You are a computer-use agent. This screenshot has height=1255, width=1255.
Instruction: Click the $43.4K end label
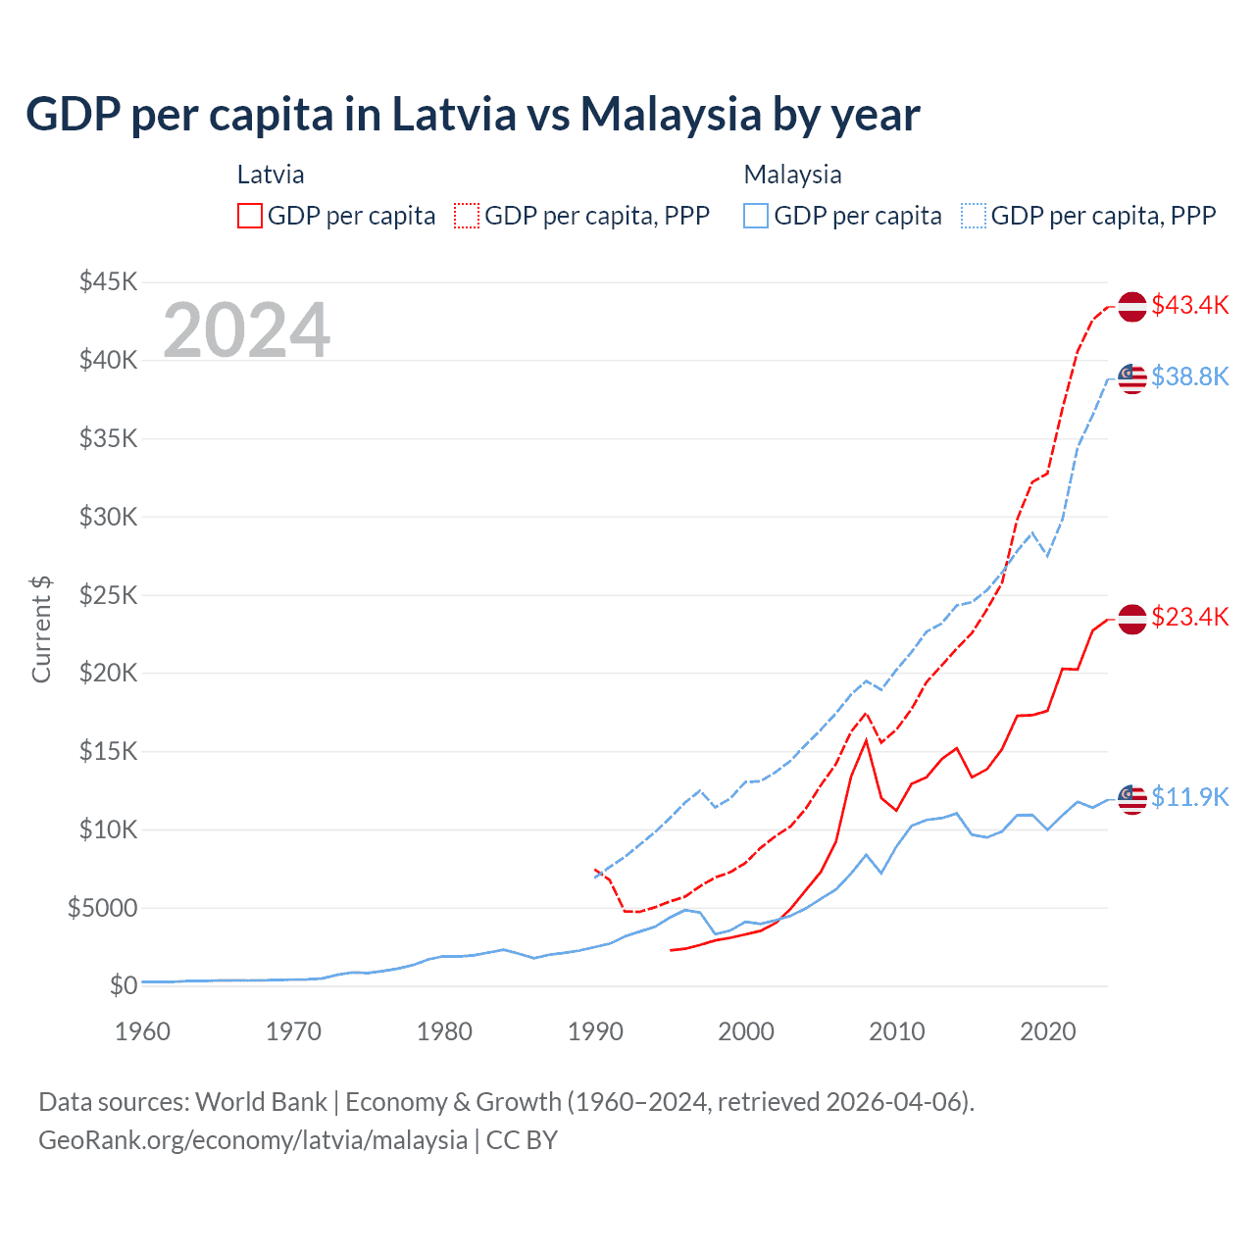[x=1189, y=305]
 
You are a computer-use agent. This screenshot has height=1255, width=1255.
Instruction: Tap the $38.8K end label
[x=1189, y=376]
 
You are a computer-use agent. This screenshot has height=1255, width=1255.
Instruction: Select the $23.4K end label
[x=1189, y=617]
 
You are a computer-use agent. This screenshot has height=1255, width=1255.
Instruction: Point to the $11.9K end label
[x=1189, y=797]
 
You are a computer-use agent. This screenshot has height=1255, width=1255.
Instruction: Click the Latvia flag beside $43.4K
[x=1132, y=306]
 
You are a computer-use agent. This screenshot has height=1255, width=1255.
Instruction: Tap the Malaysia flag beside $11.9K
[x=1132, y=799]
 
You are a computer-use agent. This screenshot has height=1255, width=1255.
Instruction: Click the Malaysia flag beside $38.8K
[x=1132, y=378]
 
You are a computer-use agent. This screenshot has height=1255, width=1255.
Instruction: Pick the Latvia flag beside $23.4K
[x=1132, y=620]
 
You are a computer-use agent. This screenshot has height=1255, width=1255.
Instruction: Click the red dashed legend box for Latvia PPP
[x=467, y=216]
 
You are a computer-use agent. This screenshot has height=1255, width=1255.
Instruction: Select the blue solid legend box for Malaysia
[x=756, y=216]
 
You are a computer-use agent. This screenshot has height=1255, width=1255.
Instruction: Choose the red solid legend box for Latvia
[x=250, y=216]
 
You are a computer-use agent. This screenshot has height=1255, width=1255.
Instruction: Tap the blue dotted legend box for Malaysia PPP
[x=974, y=216]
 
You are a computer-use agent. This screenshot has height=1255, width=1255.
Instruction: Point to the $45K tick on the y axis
[x=109, y=282]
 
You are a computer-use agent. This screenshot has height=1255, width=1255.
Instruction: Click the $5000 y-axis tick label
[x=102, y=908]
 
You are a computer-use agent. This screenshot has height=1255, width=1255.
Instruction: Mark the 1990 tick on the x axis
[x=595, y=1031]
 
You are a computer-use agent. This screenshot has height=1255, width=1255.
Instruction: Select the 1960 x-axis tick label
[x=143, y=1031]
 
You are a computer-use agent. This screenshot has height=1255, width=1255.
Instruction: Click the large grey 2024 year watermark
[x=246, y=330]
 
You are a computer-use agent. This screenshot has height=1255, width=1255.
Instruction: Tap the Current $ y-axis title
[x=41, y=629]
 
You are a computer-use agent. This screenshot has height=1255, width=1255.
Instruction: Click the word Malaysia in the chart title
[x=670, y=115]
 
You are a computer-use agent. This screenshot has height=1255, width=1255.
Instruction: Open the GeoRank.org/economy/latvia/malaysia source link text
[x=253, y=1140]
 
